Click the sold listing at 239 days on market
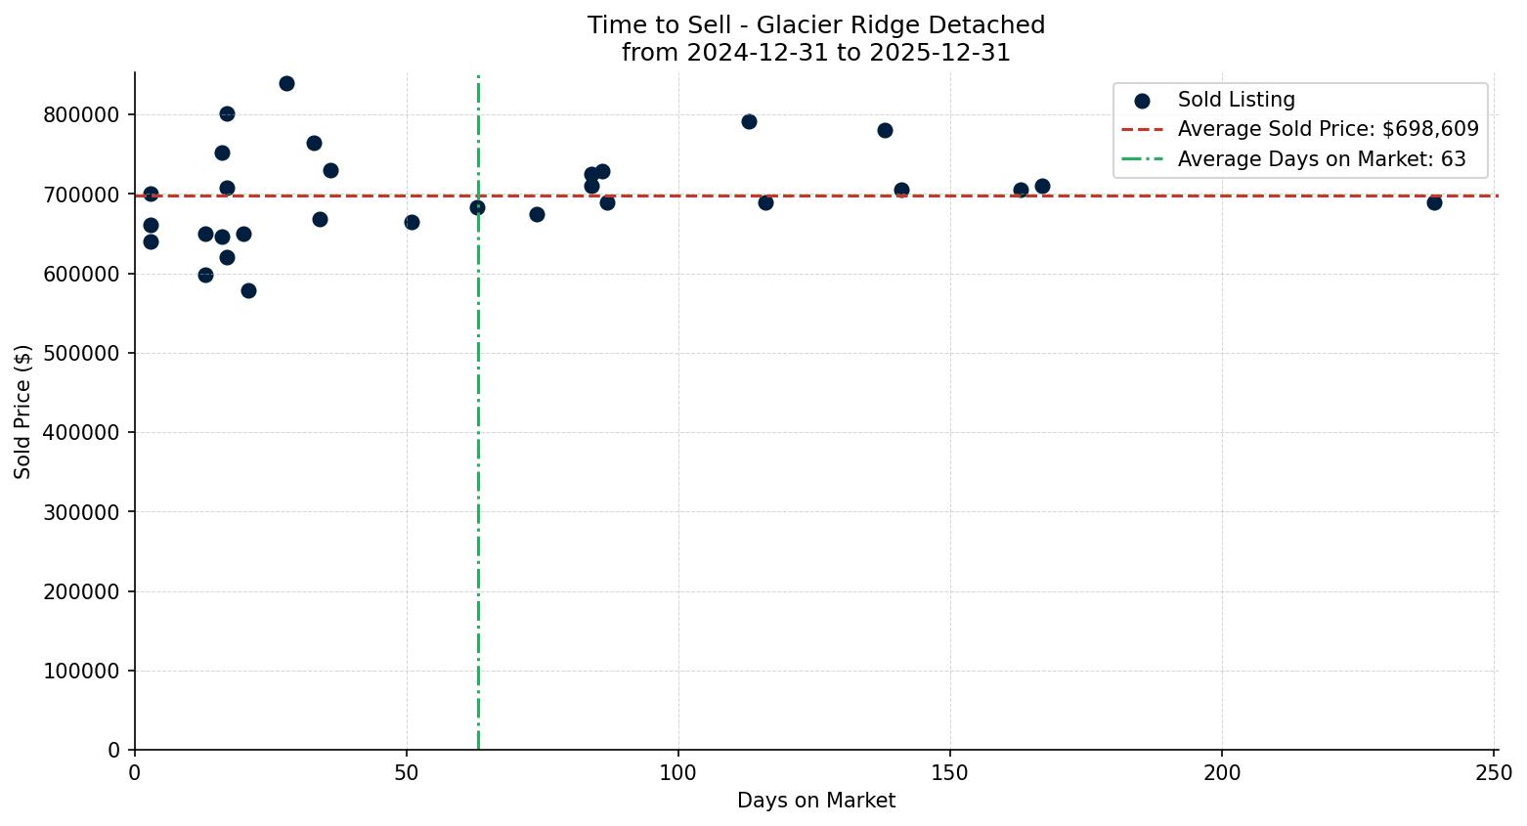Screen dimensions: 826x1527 point(1434,202)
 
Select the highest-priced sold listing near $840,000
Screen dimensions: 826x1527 point(286,83)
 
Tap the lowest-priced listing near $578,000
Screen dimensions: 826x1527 point(248,290)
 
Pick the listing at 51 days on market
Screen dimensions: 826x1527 point(412,222)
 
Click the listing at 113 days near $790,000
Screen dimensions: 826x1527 point(749,121)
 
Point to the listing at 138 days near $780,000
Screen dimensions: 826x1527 point(885,130)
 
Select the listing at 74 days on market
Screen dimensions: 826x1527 point(537,214)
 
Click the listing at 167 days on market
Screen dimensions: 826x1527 point(1042,186)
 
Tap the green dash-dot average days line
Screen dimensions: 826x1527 point(478,440)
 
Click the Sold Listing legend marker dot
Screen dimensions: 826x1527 point(1142,100)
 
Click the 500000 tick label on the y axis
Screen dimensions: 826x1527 point(81,353)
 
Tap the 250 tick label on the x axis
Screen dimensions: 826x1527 point(1494,773)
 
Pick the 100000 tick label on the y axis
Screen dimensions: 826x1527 point(81,671)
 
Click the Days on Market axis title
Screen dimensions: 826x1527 point(815,801)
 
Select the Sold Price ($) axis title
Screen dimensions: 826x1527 point(22,412)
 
